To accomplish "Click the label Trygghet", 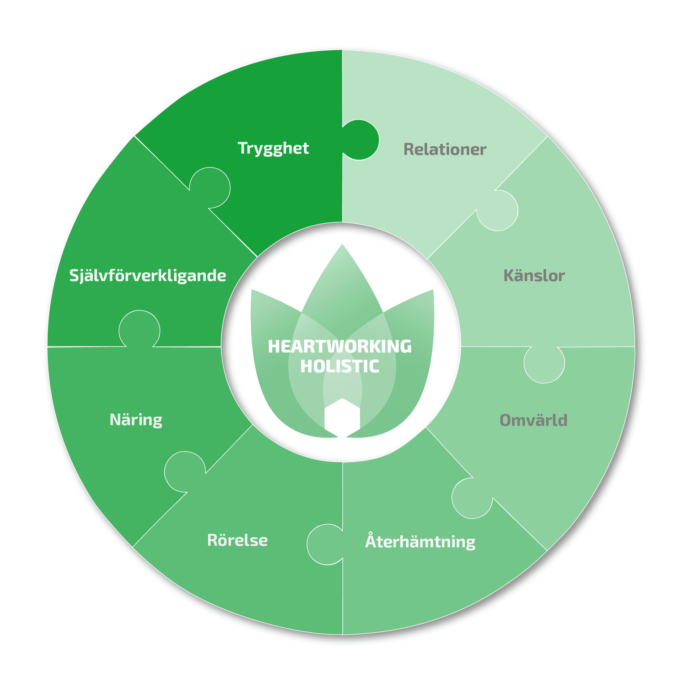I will [x=273, y=148].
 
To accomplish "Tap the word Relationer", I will [x=445, y=149].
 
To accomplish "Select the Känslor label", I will [x=534, y=276].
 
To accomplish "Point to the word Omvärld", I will [x=533, y=420].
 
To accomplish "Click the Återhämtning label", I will [x=420, y=542].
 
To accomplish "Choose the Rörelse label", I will [x=237, y=540].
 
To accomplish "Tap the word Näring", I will [x=136, y=420].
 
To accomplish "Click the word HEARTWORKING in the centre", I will [x=340, y=347].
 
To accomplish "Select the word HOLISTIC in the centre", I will [x=340, y=366].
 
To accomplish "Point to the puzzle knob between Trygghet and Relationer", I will [x=360, y=140].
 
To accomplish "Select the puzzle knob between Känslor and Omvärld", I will [x=544, y=363].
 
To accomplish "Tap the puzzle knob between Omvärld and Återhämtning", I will [x=472, y=498].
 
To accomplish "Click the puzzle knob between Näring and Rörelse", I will [x=185, y=472].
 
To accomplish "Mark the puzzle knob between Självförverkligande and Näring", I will [x=139, y=330].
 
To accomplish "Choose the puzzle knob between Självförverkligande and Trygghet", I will [x=210, y=188].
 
